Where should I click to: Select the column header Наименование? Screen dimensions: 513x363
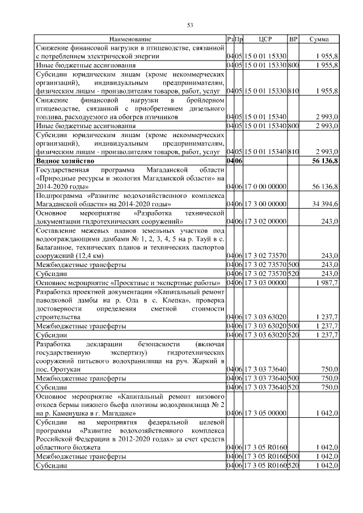tap(130, 39)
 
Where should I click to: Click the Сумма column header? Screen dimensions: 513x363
tap(320, 39)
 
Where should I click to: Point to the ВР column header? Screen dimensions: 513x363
tap(293, 39)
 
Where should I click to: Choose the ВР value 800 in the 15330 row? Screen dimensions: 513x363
tap(293, 65)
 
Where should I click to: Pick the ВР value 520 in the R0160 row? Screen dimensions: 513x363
tap(293, 465)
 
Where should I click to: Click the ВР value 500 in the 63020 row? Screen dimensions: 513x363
tap(293, 326)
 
